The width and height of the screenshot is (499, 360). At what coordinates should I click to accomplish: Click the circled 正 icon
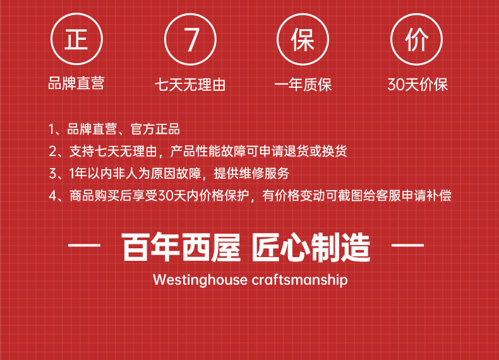click(x=76, y=39)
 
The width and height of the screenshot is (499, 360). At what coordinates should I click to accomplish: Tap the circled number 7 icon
click(x=190, y=39)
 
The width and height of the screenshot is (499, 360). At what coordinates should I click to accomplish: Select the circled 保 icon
click(x=303, y=39)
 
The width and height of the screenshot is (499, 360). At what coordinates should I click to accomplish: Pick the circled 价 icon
click(x=417, y=39)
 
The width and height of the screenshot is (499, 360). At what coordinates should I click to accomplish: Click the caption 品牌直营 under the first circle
click(x=76, y=83)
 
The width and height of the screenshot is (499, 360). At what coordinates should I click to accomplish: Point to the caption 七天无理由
click(x=190, y=85)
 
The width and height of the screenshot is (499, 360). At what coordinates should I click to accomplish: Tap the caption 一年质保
click(x=303, y=85)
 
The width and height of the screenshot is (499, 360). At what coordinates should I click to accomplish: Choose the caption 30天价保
click(x=418, y=85)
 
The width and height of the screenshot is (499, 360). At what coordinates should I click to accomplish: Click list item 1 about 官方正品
click(x=114, y=129)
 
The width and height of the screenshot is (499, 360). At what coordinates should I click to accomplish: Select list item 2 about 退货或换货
click(x=198, y=151)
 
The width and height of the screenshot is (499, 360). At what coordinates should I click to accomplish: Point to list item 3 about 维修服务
click(x=169, y=174)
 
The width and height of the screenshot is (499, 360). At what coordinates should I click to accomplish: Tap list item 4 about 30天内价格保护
click(x=250, y=195)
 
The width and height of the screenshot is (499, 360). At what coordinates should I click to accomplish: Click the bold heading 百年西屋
click(x=181, y=248)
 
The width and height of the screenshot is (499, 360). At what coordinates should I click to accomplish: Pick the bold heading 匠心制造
click(x=311, y=248)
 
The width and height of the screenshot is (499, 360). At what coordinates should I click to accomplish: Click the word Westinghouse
click(x=200, y=280)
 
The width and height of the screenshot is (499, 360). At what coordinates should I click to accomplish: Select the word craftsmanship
click(x=300, y=280)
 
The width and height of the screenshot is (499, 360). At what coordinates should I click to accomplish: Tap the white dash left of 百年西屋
click(x=84, y=246)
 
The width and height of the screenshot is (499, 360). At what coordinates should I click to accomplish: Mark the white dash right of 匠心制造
click(x=407, y=246)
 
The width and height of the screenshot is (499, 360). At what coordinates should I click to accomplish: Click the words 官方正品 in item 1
click(x=155, y=129)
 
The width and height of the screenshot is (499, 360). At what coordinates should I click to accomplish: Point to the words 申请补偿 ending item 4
click(x=426, y=195)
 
